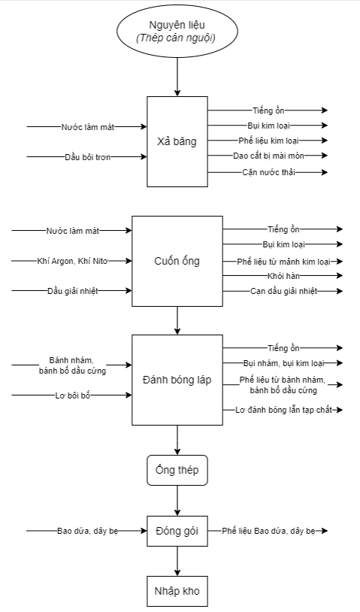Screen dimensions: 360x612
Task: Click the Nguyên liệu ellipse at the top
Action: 177,32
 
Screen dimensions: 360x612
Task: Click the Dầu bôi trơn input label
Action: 87,157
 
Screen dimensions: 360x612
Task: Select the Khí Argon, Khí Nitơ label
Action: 72,261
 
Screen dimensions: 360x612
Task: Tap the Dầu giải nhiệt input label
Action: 73,291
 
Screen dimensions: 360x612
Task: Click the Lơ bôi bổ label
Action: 73,395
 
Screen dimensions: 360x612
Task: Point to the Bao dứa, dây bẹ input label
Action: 87,531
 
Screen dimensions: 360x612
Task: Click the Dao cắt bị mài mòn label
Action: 269,156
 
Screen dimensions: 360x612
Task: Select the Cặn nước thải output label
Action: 269,172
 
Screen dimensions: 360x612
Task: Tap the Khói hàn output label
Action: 283,276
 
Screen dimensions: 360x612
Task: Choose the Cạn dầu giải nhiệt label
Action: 283,291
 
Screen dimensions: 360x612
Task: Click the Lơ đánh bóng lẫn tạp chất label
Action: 283,410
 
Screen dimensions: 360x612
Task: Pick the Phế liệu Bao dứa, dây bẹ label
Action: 269,531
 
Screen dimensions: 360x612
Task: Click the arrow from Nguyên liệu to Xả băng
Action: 177,77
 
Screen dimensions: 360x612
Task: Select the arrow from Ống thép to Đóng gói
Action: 177,501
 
